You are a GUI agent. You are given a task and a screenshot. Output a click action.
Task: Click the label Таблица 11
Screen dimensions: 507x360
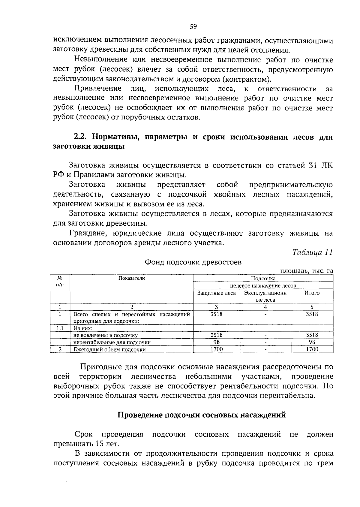point(313,252)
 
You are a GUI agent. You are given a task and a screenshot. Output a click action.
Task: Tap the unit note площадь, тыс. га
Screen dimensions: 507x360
point(307,271)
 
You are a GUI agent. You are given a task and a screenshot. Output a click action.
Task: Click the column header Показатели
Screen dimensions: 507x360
point(131,278)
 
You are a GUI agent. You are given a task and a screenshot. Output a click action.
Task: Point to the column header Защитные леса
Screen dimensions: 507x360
point(216,293)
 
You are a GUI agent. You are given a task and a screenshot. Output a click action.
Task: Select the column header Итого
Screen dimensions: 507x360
point(312,293)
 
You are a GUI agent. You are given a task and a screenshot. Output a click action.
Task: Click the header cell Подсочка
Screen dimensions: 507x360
point(263,278)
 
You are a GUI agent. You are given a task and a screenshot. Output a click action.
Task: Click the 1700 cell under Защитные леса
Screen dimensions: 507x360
point(216,349)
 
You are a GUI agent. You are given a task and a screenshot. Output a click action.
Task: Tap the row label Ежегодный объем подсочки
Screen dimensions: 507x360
point(110,349)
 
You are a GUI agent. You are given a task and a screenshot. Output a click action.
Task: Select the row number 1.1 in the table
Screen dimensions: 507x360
point(60,328)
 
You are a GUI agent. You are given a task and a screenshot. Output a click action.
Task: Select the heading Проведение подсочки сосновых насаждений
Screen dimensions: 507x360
point(201,415)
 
